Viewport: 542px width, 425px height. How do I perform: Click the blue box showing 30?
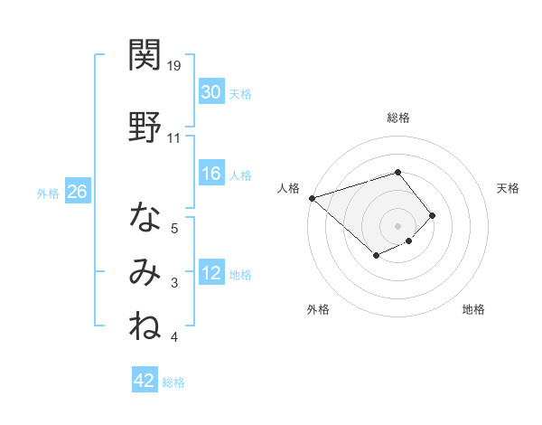click(210, 91)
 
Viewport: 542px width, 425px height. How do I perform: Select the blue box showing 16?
click(210, 174)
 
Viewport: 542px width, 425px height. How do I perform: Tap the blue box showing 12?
click(210, 273)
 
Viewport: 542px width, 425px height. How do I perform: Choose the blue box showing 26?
click(77, 192)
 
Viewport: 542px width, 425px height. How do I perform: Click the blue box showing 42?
click(145, 381)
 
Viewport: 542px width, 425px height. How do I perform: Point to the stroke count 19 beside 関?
click(175, 66)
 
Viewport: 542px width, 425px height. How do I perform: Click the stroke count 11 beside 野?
click(174, 138)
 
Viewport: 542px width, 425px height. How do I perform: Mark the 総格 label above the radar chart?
click(398, 118)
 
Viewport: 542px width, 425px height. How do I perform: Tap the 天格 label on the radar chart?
click(508, 188)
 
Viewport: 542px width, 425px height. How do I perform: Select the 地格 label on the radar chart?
click(473, 309)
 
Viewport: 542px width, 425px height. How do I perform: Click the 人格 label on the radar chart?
click(289, 188)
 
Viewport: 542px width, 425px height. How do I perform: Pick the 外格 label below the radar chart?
click(318, 309)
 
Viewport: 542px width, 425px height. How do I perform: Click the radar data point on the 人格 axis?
click(312, 197)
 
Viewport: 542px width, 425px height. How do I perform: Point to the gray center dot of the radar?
click(397, 225)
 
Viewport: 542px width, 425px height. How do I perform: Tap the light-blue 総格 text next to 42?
click(173, 382)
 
